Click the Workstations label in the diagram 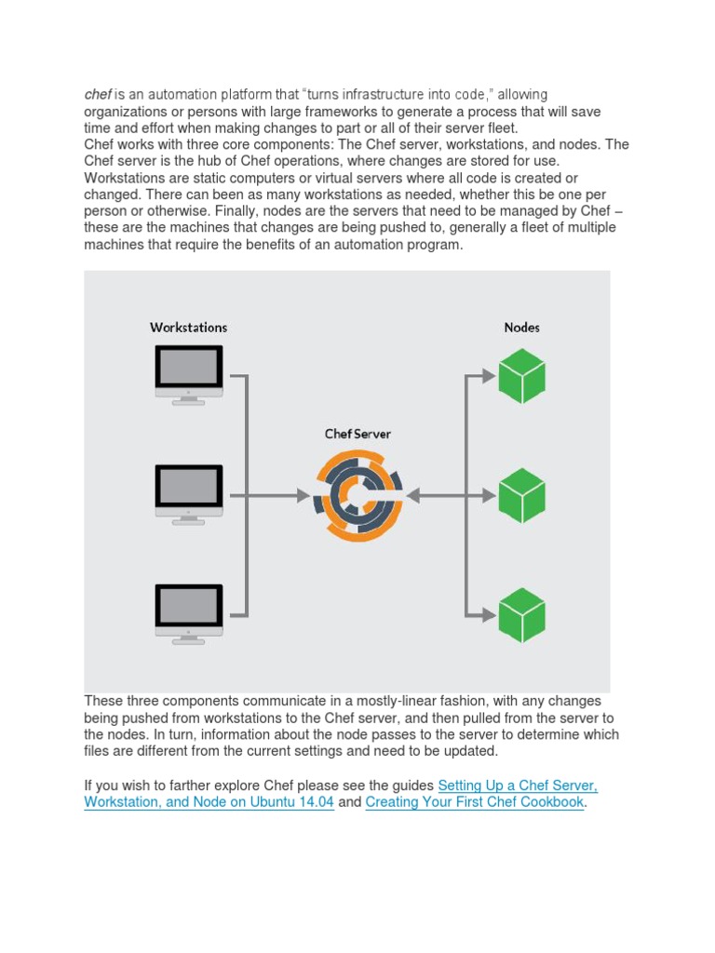189,328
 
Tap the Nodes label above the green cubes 521,328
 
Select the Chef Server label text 357,435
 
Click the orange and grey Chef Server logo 357,496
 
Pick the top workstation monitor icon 189,373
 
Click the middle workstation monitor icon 189,493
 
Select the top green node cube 521,376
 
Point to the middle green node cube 521,495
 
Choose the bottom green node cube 521,614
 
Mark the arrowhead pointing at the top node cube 488,376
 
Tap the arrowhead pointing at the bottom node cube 488,614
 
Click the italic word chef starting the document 98,95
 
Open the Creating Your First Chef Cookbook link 475,801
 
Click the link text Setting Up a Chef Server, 518,785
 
